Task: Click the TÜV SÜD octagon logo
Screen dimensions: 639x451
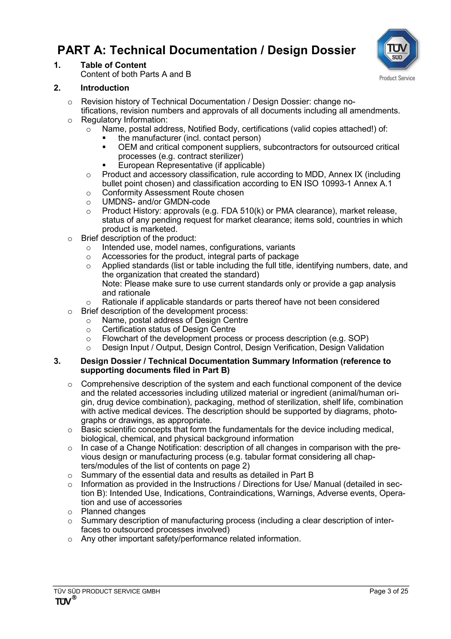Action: [x=397, y=49]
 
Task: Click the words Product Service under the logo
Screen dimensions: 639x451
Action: [x=397, y=78]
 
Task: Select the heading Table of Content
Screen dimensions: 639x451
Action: [x=113, y=65]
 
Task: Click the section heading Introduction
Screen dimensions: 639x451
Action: [x=105, y=88]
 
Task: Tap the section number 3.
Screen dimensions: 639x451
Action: [x=57, y=361]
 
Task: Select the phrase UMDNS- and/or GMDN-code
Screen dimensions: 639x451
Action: [x=156, y=202]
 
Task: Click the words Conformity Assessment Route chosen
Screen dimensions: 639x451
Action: [x=173, y=193]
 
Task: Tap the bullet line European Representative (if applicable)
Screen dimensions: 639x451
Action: [x=191, y=165]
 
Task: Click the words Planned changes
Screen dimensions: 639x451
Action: [x=113, y=512]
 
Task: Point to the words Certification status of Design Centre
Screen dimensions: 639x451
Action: [x=169, y=329]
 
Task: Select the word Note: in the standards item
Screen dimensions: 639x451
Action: [x=112, y=284]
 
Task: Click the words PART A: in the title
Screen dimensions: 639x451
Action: [x=82, y=50]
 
